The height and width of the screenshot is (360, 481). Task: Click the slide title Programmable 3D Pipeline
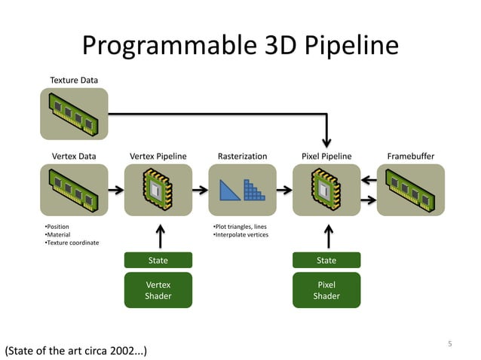coord(240,46)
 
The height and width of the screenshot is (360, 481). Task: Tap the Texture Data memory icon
coord(74,114)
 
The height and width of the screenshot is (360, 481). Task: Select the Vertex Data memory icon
coord(74,190)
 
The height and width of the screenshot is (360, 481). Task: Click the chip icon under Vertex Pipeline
coord(158,190)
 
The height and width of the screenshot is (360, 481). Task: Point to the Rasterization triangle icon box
coord(242,190)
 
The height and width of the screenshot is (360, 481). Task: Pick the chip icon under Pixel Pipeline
coord(326,190)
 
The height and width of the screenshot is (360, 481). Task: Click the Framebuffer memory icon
coord(411,190)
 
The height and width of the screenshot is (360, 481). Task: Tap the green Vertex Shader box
coord(158,290)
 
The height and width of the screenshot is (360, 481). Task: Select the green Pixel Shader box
coord(326,290)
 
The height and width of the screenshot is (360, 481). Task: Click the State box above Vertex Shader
coord(158,260)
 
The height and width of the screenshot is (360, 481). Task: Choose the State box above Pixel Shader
coord(326,260)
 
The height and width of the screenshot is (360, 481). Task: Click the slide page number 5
coord(450,344)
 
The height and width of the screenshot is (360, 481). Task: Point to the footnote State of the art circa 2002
coord(75,351)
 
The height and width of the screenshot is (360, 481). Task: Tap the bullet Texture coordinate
coord(72,243)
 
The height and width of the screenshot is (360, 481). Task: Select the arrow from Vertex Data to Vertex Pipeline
coord(116,190)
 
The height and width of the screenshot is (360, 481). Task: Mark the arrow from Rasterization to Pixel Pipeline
coord(284,190)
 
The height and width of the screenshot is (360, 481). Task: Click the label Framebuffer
coord(411,156)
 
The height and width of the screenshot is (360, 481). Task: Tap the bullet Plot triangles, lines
coord(240,227)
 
